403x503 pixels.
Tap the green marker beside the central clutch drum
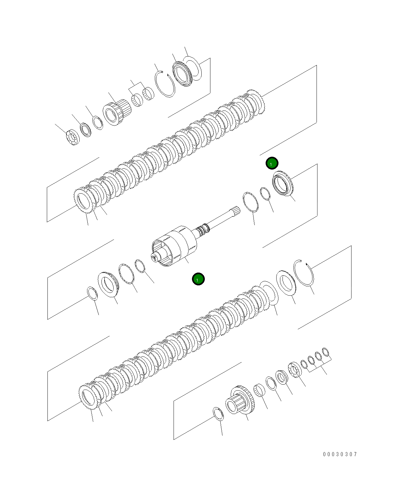point(198,279)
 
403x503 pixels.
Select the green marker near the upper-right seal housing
point(272,163)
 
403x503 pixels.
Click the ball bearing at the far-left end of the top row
point(72,137)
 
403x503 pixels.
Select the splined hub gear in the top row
point(116,112)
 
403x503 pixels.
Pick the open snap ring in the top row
point(165,83)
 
